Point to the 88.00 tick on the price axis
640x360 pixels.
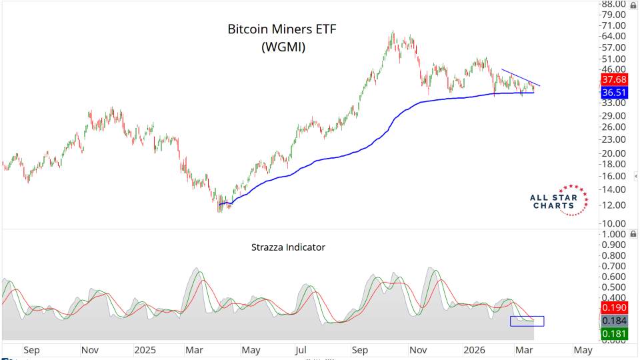pos(613,4)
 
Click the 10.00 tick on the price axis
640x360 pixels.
pos(613,223)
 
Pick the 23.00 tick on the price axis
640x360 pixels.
pos(613,139)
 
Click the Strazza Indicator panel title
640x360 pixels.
pos(288,247)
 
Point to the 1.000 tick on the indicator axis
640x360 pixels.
pos(613,235)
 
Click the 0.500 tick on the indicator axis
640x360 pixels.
pos(613,287)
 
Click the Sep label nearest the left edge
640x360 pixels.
pos(32,349)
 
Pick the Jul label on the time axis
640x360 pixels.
pos(301,349)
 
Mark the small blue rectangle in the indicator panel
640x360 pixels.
pos(527,321)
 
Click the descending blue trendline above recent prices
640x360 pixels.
pos(520,77)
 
